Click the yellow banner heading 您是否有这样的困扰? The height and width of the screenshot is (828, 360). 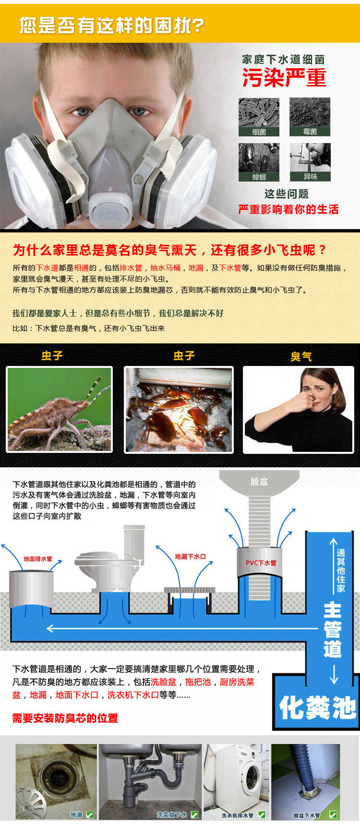click(x=112, y=25)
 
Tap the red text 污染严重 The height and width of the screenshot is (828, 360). click(x=284, y=78)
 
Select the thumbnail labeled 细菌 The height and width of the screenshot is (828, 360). click(x=259, y=117)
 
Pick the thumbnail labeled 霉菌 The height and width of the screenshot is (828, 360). click(x=310, y=117)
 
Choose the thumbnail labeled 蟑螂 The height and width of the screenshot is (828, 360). click(x=259, y=162)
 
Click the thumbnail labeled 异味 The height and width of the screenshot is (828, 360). click(x=310, y=162)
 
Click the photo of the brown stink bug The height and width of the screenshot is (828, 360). click(x=60, y=410)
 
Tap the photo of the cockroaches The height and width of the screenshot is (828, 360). click(x=179, y=410)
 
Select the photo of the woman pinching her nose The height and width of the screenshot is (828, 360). click(x=299, y=410)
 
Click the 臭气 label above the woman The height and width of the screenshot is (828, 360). click(x=301, y=357)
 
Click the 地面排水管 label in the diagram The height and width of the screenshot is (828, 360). click(x=38, y=559)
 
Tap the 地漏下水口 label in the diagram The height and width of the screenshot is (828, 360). click(x=191, y=557)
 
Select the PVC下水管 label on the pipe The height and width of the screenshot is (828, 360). click(x=261, y=563)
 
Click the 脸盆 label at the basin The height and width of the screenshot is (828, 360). click(x=259, y=481)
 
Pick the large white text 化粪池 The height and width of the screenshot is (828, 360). click(x=318, y=707)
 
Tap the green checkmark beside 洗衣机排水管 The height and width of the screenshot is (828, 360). click(x=262, y=815)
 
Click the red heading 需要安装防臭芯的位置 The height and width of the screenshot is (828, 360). click(x=65, y=718)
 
